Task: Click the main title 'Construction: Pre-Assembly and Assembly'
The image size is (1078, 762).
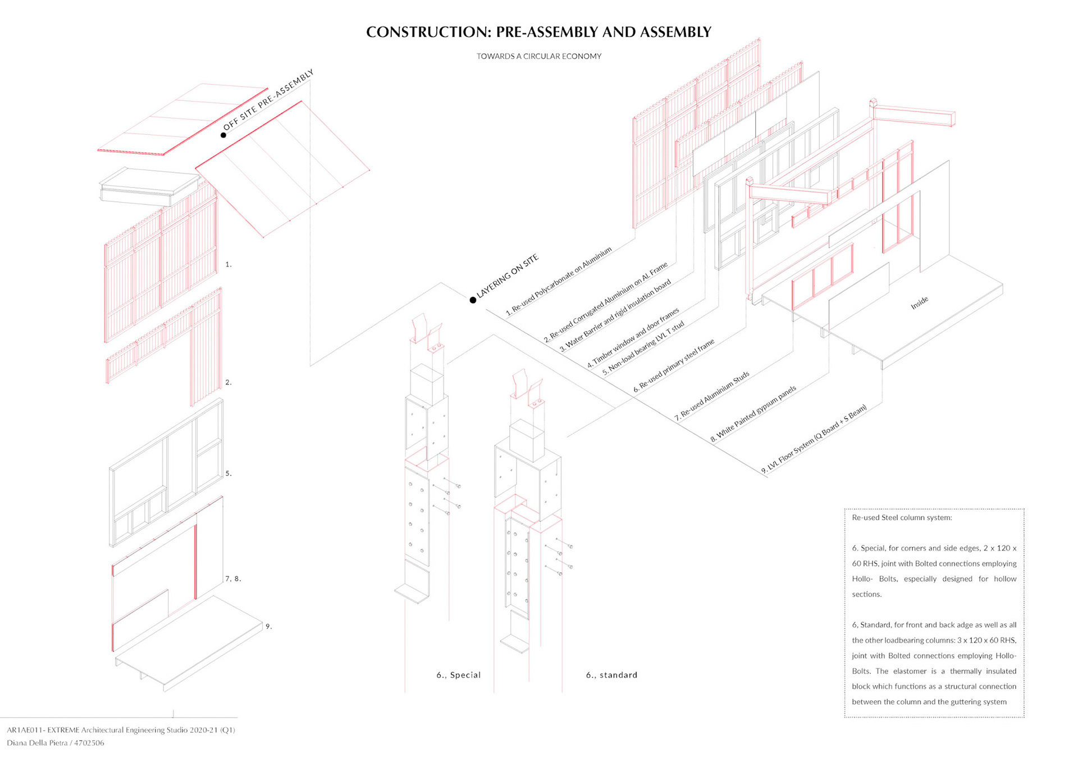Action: pos(538,32)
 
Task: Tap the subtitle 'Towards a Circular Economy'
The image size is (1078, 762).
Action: pos(538,56)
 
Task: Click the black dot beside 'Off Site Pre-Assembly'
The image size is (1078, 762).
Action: pos(223,135)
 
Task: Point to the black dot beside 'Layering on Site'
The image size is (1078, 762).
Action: pos(473,300)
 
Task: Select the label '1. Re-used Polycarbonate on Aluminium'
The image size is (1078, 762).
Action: pos(558,281)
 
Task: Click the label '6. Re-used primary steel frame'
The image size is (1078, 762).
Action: pos(674,365)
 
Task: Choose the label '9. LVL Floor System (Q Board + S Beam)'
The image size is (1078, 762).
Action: pos(814,439)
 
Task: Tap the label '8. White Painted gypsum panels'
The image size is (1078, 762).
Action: pos(753,414)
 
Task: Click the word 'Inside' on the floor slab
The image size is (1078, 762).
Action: pos(919,303)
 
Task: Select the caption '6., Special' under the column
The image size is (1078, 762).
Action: pos(458,675)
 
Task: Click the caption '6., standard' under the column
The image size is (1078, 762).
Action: pos(611,675)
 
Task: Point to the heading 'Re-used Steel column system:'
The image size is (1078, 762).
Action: pos(902,517)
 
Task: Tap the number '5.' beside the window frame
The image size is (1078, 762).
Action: pos(229,474)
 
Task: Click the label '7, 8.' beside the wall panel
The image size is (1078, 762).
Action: pos(233,579)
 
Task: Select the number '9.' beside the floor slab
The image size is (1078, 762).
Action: pos(268,626)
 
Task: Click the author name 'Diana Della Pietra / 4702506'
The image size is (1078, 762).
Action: pos(56,743)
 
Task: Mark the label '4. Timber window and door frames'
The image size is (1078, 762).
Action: pos(633,338)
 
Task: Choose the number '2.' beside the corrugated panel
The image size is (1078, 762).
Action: pos(229,382)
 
